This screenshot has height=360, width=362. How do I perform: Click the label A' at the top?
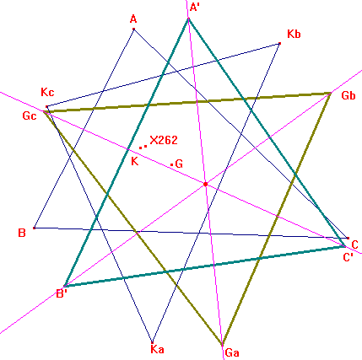pos(195,7)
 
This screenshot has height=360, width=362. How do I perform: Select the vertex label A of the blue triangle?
pos(133,19)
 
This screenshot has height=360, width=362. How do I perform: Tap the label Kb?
pos(294,34)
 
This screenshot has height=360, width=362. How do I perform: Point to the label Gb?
pos(348,95)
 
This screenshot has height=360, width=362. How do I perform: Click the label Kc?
pos(47,92)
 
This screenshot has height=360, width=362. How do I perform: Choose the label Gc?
pos(30,116)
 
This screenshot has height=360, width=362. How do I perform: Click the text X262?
pos(164,140)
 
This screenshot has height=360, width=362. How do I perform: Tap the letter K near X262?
pos(135,162)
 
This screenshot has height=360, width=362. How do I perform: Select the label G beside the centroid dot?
pos(179,164)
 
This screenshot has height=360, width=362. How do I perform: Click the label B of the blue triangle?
pos(22,233)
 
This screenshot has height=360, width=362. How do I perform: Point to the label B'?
pos(62,293)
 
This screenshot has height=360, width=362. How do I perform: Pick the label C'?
pos(348,257)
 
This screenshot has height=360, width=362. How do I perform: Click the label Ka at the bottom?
pos(157,349)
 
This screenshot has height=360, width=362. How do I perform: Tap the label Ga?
pos(232,352)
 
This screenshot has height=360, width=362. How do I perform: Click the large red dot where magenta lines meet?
pos(206,185)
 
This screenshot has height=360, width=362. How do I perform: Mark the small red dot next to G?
pos(172,164)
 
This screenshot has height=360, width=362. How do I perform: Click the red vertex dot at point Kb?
pos(279,44)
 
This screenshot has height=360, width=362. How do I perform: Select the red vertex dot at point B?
pos(35,228)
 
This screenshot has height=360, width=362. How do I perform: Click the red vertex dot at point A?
pos(133,29)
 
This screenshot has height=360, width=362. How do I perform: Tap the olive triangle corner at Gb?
pos(331,93)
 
